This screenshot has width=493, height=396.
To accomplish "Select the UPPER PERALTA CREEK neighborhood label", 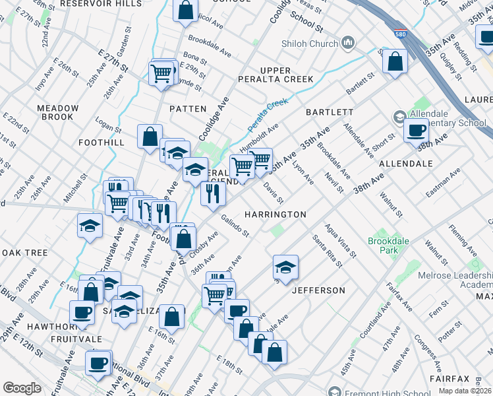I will click(x=286, y=75).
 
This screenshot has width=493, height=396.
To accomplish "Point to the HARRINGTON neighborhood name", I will click(x=275, y=214).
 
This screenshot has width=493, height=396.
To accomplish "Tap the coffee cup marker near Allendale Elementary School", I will click(x=415, y=131).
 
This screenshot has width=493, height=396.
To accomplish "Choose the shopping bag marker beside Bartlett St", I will click(x=395, y=61).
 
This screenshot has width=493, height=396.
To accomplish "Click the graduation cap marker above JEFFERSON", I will click(x=285, y=267).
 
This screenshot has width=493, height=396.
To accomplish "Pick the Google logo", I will click(x=22, y=387).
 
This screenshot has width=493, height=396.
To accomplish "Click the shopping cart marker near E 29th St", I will click(x=161, y=74).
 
